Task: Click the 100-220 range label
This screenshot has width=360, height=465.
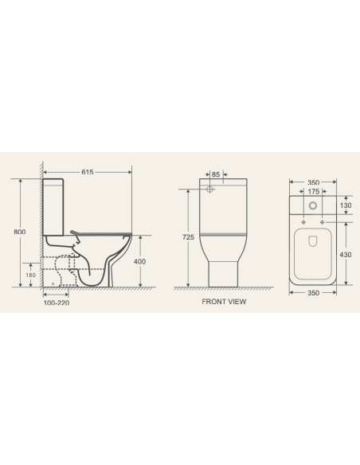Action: pos(56,303)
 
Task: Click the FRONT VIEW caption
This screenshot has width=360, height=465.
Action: pos(224,303)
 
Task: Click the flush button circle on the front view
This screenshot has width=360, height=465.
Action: pos(209,190)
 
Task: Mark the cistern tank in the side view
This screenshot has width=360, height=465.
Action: pos(53,207)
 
